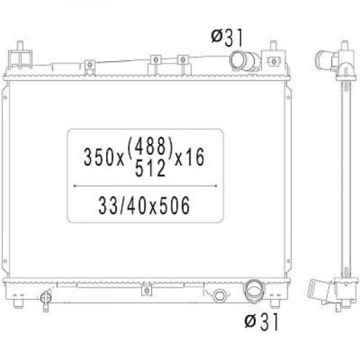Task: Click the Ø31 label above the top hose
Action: (227, 38)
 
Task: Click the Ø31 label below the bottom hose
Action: (262, 321)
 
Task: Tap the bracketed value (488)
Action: (150, 146)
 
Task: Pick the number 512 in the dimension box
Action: (150, 168)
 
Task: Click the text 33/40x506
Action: (144, 205)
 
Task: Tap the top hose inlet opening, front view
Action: (237, 60)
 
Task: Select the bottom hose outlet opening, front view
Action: (254, 290)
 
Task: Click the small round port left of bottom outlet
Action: (219, 295)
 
